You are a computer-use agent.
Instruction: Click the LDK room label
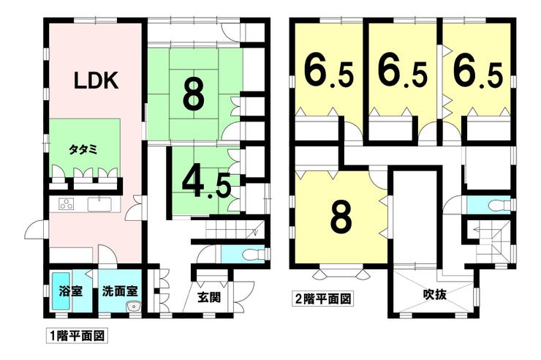[x=97, y=80]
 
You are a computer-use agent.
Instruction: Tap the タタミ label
[x=84, y=149]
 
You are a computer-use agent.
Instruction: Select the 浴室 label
[x=70, y=292]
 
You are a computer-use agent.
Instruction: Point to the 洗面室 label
[x=120, y=292]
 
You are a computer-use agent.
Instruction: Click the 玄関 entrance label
[x=209, y=297]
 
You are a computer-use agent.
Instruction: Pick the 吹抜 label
[x=435, y=294]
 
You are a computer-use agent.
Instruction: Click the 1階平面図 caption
[x=77, y=336]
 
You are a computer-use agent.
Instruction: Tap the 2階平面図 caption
[x=323, y=299]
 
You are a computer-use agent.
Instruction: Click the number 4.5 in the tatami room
[x=206, y=184]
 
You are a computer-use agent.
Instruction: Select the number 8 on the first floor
[x=194, y=95]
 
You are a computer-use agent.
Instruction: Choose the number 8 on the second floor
[x=341, y=217]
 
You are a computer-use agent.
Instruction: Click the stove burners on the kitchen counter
[x=67, y=204]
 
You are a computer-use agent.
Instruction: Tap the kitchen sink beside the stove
[x=99, y=204]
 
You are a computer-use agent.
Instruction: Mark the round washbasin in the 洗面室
[x=134, y=306]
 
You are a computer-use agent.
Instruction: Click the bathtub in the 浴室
[x=61, y=290]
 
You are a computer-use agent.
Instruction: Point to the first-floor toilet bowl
[x=252, y=255]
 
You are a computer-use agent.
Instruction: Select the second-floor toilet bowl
[x=498, y=205]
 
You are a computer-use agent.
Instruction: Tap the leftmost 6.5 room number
[x=328, y=72]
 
